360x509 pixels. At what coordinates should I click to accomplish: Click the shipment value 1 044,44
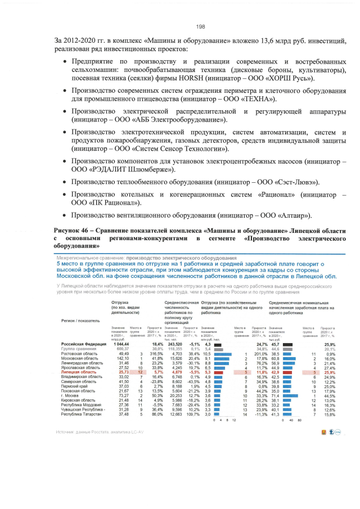click(x=121, y=344)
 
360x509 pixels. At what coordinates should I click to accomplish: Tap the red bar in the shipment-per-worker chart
click(x=219, y=372)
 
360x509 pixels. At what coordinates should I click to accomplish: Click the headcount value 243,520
click(x=168, y=344)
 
